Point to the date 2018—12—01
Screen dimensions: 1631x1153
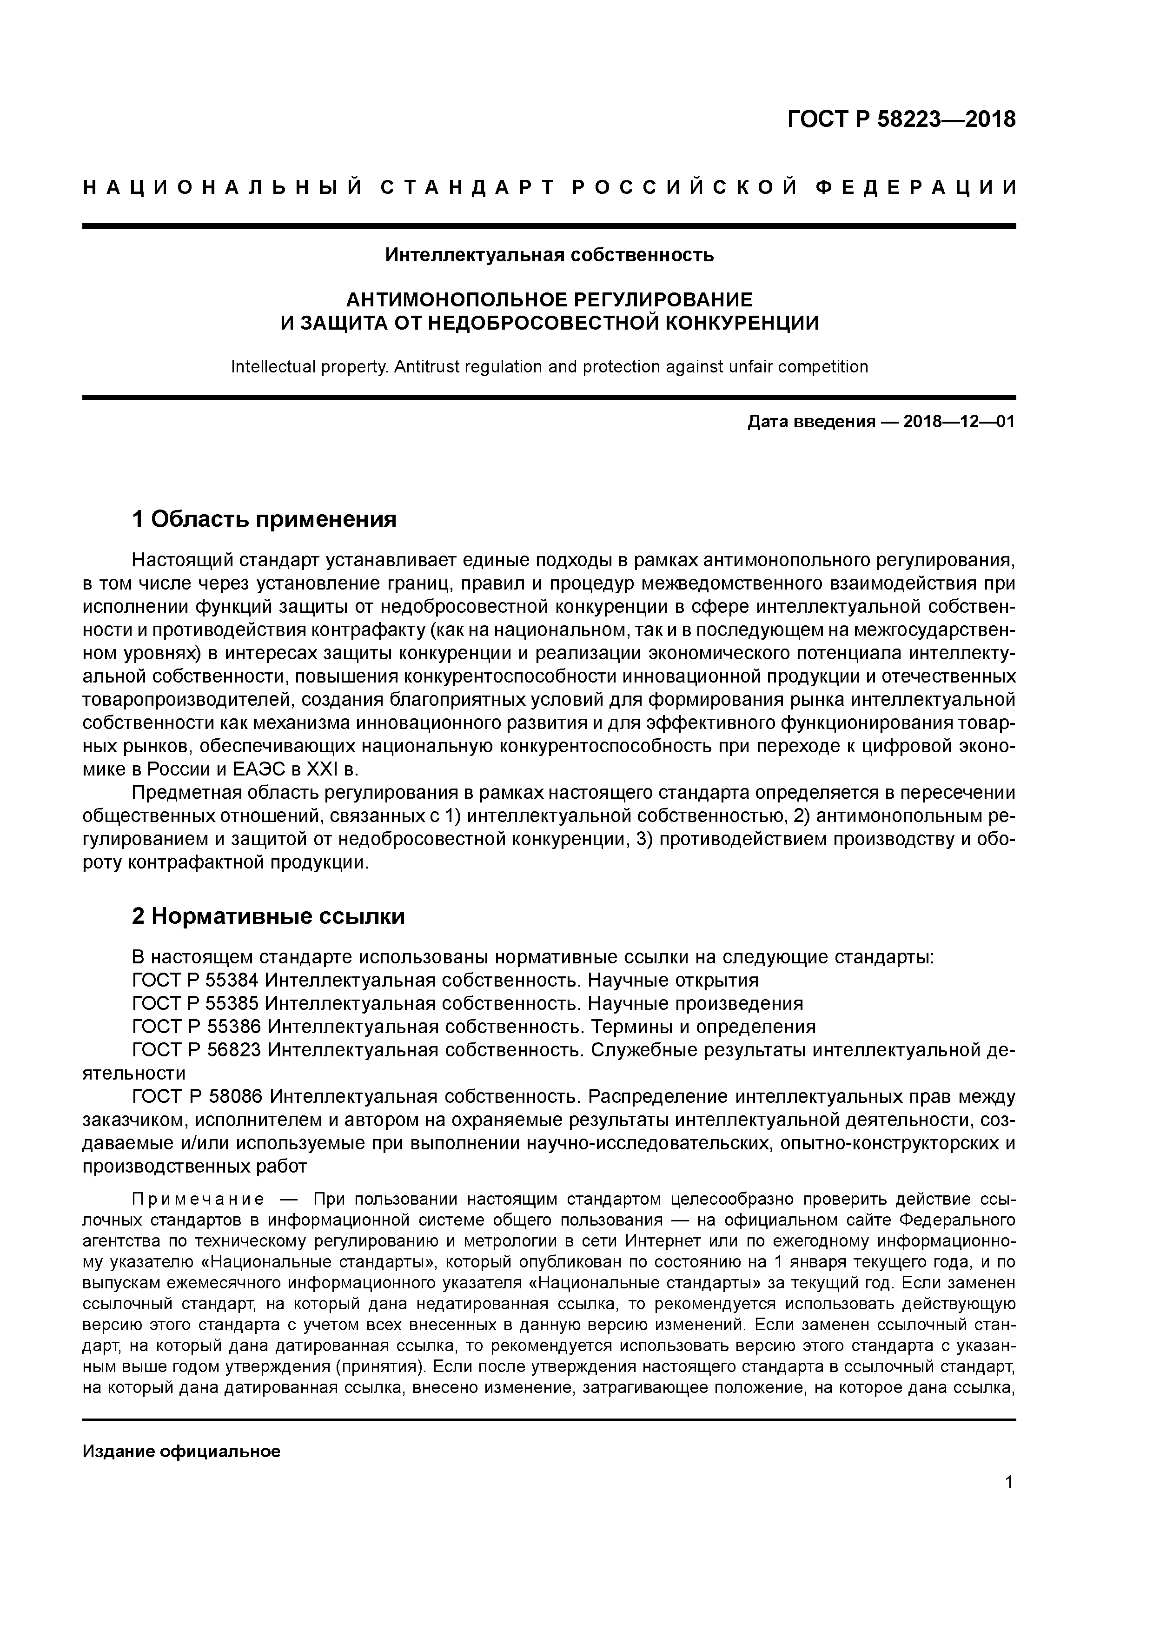click(959, 422)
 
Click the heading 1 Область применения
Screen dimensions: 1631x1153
click(264, 519)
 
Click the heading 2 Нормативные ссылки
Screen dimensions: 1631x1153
click(269, 916)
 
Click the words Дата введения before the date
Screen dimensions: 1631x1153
click(811, 422)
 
